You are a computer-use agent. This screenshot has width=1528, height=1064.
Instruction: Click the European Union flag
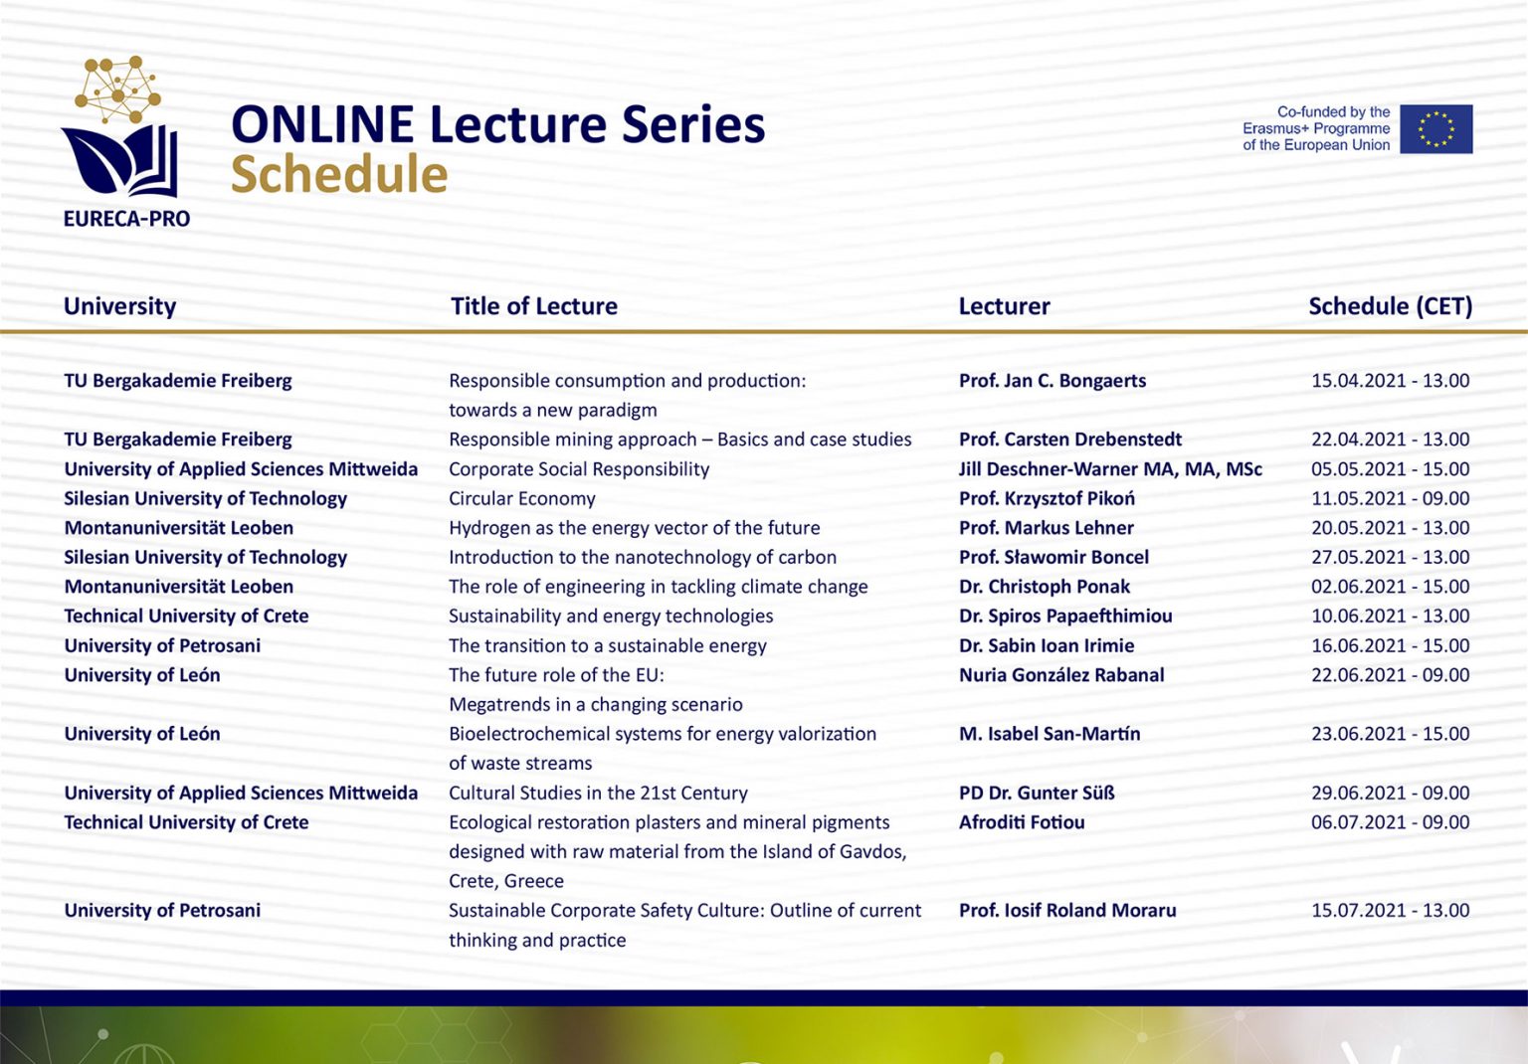tap(1435, 129)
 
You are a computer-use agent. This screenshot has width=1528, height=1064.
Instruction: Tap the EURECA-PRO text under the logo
tap(127, 219)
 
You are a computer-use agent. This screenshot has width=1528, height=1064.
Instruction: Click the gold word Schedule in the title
tap(339, 174)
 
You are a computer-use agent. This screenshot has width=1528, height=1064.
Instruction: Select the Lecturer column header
tap(1004, 306)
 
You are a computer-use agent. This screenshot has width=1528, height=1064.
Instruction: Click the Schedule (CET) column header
tap(1390, 306)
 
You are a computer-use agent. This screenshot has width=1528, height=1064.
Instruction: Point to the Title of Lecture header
tap(533, 306)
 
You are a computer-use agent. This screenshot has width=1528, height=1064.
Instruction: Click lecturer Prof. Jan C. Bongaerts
tap(1052, 381)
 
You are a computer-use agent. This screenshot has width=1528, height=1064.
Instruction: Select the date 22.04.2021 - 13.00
tap(1390, 440)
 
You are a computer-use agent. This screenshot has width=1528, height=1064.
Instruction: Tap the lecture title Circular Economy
tap(522, 498)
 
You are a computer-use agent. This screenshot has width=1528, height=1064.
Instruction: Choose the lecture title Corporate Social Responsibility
tap(579, 469)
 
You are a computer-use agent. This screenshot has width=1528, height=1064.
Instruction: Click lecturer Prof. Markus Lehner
tap(1047, 528)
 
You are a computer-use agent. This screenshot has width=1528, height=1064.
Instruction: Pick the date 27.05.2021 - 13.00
tap(1390, 557)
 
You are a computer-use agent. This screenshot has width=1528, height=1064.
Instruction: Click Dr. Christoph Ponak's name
tap(1045, 587)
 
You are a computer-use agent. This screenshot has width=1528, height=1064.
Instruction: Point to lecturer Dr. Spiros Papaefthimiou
tap(1065, 616)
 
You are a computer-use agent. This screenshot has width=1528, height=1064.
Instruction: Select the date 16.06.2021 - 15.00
tap(1390, 645)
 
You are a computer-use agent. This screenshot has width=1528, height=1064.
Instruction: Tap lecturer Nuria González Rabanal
tap(1061, 674)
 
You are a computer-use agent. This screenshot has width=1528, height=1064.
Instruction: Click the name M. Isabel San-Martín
tap(1050, 734)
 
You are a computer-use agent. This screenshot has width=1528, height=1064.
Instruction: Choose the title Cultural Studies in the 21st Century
tap(598, 793)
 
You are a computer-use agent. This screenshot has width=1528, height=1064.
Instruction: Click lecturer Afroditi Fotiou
tap(1022, 822)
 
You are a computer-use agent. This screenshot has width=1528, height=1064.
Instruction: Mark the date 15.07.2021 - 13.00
tap(1390, 911)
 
